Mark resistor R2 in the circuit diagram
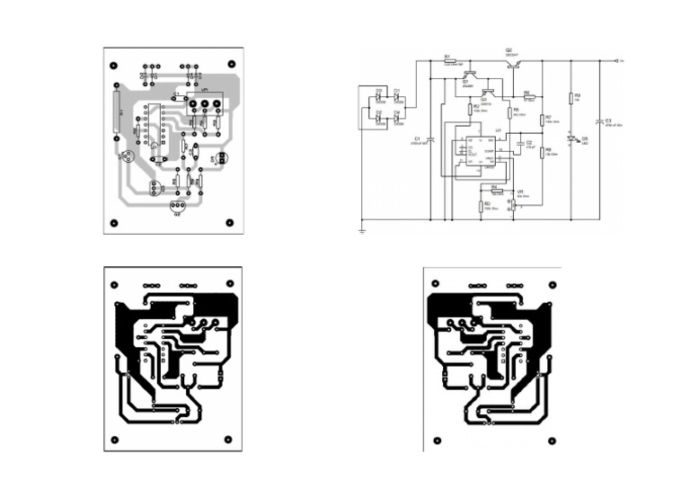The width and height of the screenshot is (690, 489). click(x=470, y=108)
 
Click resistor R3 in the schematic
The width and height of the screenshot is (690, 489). click(x=481, y=206)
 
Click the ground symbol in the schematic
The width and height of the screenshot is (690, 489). click(x=361, y=231)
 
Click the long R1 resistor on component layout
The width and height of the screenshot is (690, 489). click(x=116, y=111)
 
